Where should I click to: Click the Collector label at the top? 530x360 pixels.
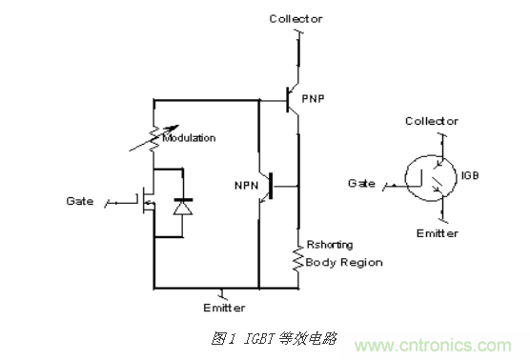[x=296, y=18]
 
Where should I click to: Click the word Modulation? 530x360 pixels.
[x=190, y=138]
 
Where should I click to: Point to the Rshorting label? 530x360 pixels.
[x=325, y=247]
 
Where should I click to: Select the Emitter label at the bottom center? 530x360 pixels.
[x=225, y=308]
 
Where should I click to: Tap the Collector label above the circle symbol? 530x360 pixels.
[x=431, y=121]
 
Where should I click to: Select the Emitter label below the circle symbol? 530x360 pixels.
[x=438, y=233]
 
